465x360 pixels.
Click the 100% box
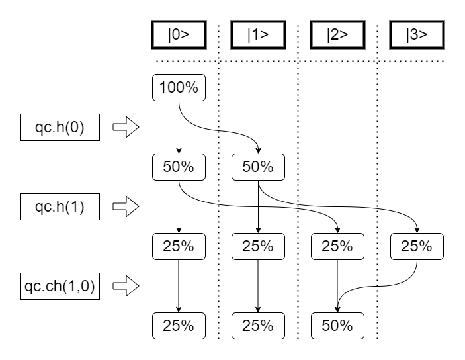[x=179, y=88]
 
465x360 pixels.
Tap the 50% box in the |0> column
[x=179, y=167]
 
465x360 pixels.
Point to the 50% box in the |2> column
[x=337, y=326]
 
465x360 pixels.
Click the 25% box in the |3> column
[x=417, y=246]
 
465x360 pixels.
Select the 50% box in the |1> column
[x=258, y=167]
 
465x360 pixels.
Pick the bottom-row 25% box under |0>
[x=179, y=326]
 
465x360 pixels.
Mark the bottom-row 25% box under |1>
[x=258, y=326]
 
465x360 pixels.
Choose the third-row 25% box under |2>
[x=337, y=246]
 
